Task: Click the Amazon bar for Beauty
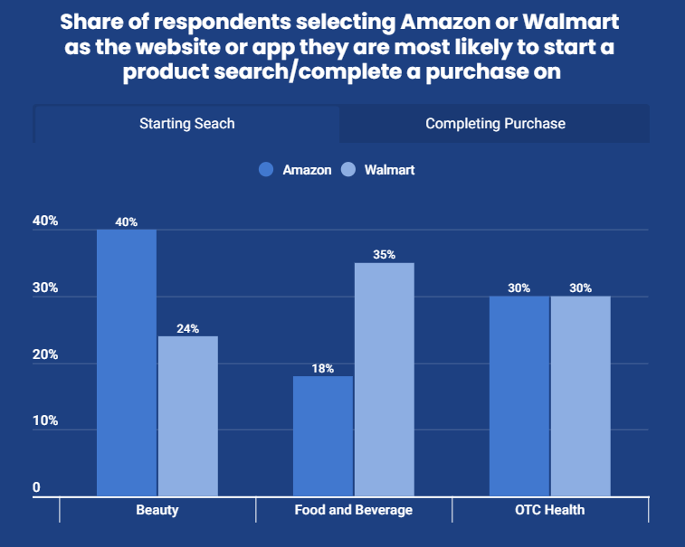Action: tap(127, 362)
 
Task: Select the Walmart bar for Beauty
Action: tap(188, 416)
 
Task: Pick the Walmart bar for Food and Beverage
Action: tap(384, 379)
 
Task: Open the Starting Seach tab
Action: tap(186, 124)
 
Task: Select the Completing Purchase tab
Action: tap(495, 124)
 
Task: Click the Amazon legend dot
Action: tap(266, 169)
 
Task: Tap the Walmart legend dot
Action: tap(347, 169)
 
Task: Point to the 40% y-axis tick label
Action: tap(45, 222)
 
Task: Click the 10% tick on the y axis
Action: tap(45, 421)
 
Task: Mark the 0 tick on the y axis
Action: tap(37, 488)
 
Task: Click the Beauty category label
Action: tap(157, 510)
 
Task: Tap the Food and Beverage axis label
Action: tap(354, 510)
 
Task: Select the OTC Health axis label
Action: tap(550, 510)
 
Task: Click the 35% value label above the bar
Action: tap(384, 255)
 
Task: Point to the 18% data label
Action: tap(323, 368)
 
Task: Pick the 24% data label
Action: tap(188, 328)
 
